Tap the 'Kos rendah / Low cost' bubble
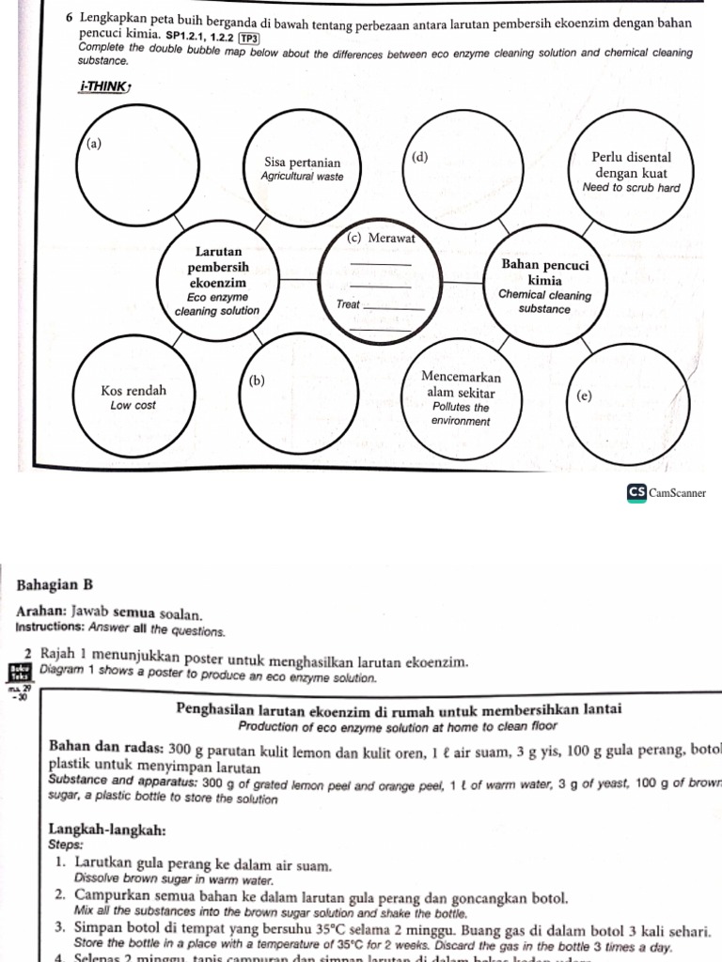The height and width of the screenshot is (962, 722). tap(133, 396)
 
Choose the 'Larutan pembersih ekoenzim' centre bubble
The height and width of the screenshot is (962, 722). tap(218, 281)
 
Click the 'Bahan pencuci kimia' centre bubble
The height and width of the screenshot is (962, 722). tap(544, 286)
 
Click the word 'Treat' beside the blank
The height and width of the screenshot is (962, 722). tap(348, 304)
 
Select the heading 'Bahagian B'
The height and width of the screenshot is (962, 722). tap(54, 584)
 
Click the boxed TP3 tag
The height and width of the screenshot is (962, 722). tap(250, 38)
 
